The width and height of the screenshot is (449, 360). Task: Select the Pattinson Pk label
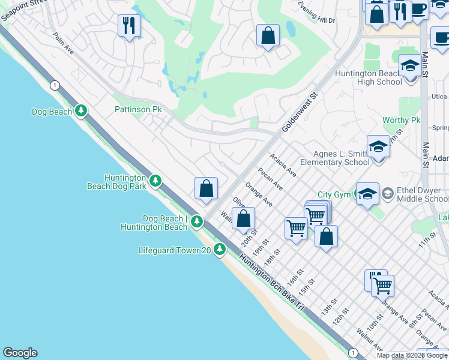click(x=139, y=110)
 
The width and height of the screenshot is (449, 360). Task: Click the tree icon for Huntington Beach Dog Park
click(x=155, y=180)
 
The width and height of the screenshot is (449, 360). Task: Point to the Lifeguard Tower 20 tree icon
click(x=220, y=248)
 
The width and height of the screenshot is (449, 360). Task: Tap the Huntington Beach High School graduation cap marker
click(x=410, y=67)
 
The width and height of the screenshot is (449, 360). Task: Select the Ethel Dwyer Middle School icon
click(x=388, y=193)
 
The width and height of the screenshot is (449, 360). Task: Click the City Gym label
click(x=333, y=194)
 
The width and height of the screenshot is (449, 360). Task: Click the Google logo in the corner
click(x=20, y=353)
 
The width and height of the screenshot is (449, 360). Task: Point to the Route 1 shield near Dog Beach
click(x=54, y=85)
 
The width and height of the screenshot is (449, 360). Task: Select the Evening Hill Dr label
click(x=316, y=20)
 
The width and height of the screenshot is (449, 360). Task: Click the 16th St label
click(x=293, y=278)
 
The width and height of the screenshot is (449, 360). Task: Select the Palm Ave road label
click(x=62, y=44)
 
